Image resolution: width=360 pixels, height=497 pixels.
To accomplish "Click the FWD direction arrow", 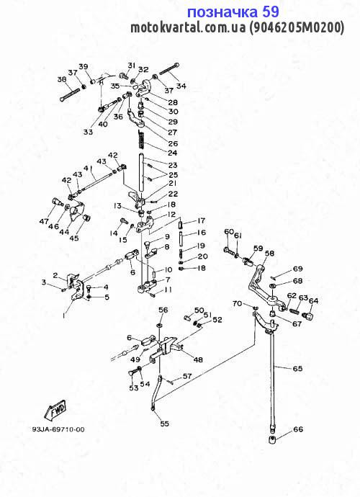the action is point(55,409).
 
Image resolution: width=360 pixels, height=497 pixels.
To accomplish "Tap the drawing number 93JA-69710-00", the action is point(58,429).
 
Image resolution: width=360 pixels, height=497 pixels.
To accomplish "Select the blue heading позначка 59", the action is point(233,12).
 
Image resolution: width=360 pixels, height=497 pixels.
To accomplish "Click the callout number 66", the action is point(298,429).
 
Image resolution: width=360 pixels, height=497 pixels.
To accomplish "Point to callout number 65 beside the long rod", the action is point(297,368).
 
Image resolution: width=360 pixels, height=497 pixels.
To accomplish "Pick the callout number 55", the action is point(164,424).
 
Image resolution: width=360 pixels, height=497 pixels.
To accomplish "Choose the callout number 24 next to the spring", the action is point(172,153).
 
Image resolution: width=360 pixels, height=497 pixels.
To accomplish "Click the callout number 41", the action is point(87,168).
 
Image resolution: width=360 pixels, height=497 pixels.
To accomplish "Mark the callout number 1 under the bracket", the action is point(64,315).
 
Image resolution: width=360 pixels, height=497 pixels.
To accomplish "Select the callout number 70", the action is point(237,303).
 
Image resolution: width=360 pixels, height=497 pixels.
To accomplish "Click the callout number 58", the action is point(270,254).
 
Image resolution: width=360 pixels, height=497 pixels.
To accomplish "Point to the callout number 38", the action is point(62,79).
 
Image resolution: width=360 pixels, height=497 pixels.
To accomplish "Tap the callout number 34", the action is point(181,86).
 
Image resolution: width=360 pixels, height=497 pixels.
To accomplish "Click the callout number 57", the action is point(187,376).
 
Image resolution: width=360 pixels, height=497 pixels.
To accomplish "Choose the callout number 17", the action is point(201,220).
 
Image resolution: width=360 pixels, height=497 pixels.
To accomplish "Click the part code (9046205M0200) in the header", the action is point(296,28).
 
